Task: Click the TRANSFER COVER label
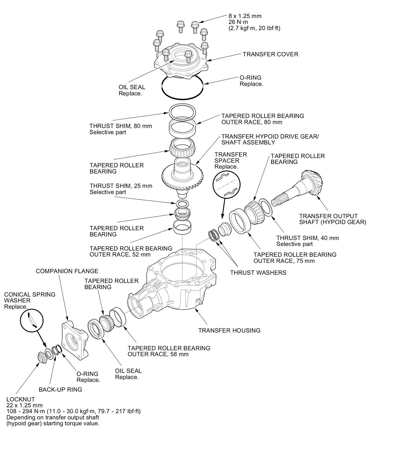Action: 270,54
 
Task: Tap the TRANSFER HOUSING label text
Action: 229,330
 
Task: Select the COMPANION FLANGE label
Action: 67,271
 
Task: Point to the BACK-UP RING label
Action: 60,390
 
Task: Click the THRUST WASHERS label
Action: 258,273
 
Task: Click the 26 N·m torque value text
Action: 238,22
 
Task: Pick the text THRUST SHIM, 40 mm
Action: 307,238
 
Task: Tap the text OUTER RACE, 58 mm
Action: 158,354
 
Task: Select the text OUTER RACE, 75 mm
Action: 284,261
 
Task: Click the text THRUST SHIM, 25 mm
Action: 121,186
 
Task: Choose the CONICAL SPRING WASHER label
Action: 30,297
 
